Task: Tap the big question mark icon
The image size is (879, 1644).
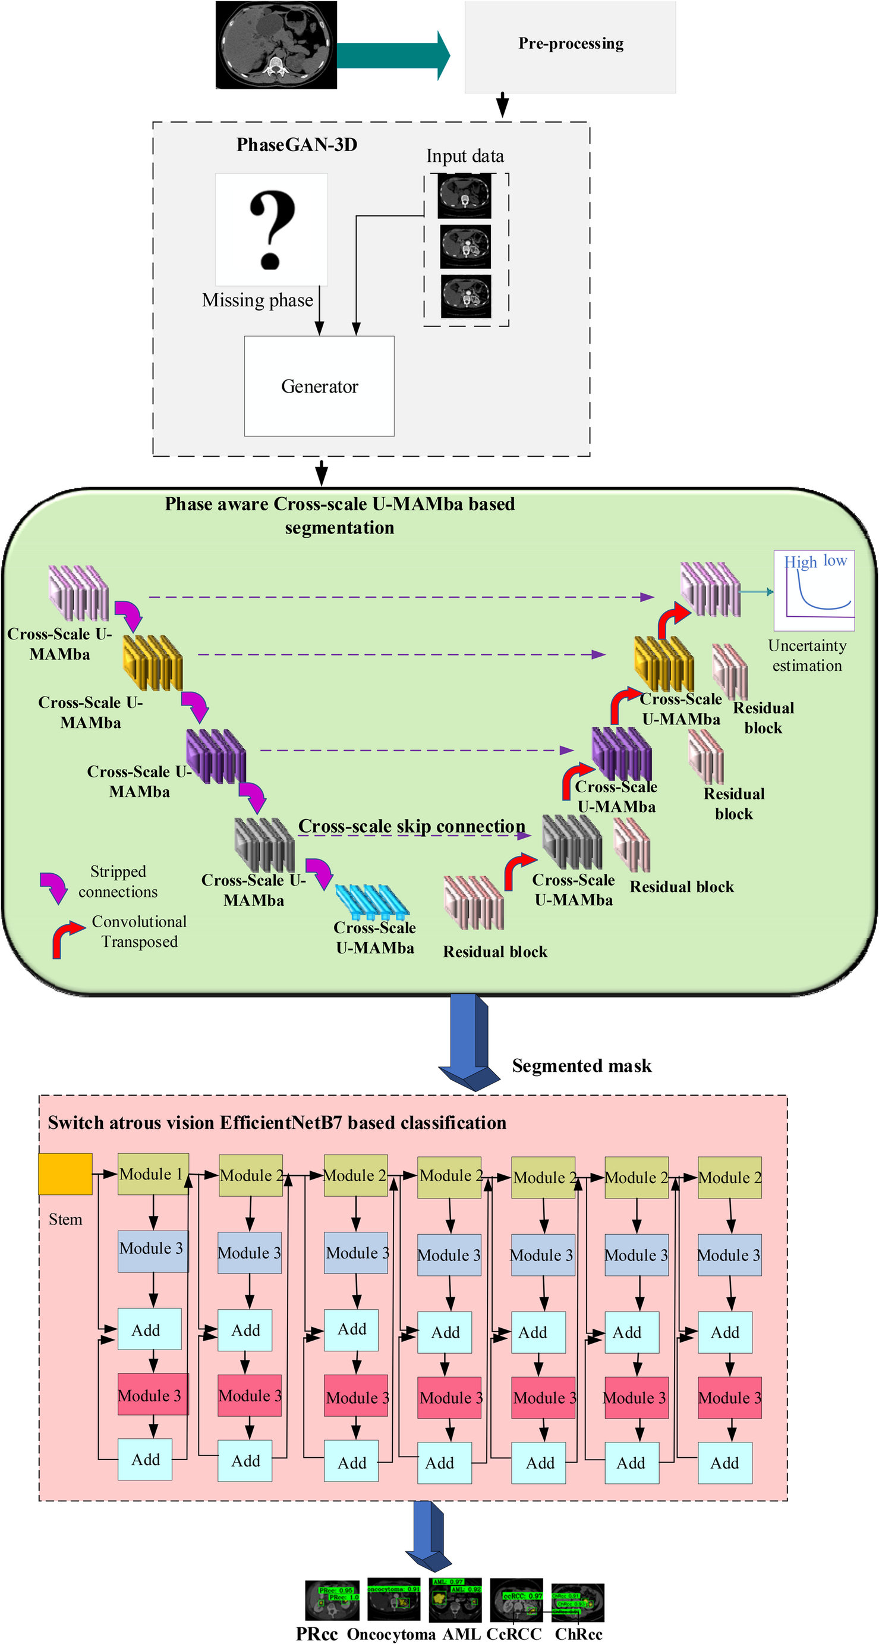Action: [x=272, y=229]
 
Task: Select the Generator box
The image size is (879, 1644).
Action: [x=319, y=386]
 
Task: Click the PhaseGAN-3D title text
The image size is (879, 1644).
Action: [x=297, y=145]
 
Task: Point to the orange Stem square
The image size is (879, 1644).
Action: [x=65, y=1174]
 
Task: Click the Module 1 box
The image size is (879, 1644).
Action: [x=153, y=1174]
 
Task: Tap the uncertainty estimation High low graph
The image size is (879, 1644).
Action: [x=814, y=591]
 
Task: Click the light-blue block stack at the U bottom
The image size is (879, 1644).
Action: [x=372, y=901]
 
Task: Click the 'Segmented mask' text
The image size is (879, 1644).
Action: [x=581, y=1066]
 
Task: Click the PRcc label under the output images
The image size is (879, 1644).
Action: [x=316, y=1634]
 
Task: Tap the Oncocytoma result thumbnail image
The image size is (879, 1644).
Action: [x=393, y=1599]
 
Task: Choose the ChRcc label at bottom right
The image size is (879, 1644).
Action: [x=578, y=1634]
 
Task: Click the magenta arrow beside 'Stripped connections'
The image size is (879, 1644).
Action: [x=54, y=886]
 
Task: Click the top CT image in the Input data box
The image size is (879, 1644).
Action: [x=465, y=196]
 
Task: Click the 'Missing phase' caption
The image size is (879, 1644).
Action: [x=258, y=300]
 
